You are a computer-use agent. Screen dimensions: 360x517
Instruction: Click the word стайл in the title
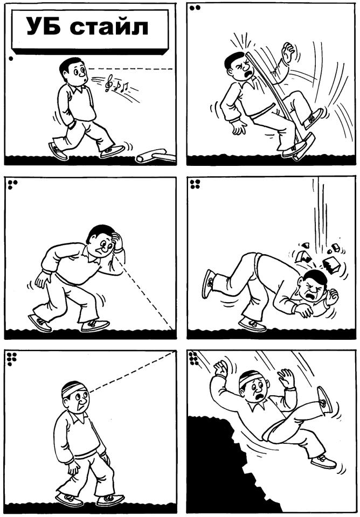[109, 27]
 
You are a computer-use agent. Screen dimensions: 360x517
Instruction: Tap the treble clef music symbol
[108, 83]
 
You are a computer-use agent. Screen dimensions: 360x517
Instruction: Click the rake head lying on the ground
[156, 156]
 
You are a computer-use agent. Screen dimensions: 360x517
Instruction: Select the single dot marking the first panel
[11, 59]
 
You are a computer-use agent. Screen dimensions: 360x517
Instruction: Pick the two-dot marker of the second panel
[195, 8]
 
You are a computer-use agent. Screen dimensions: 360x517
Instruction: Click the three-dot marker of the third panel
[12, 184]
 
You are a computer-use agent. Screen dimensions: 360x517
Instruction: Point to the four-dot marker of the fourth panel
[195, 184]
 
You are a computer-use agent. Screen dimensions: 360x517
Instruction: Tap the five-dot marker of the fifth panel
[12, 359]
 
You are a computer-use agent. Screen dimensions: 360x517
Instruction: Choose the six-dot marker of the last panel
[193, 359]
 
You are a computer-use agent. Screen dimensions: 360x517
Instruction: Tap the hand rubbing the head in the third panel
[116, 241]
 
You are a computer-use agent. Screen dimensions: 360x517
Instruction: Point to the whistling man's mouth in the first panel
[86, 80]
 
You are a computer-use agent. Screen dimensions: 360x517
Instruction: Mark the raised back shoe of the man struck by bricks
[208, 284]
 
